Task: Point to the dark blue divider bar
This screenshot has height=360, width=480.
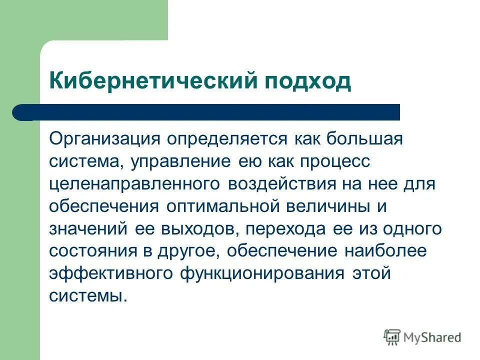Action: point(206,112)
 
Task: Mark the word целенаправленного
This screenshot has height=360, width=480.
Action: point(134,184)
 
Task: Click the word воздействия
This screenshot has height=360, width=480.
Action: point(282,184)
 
